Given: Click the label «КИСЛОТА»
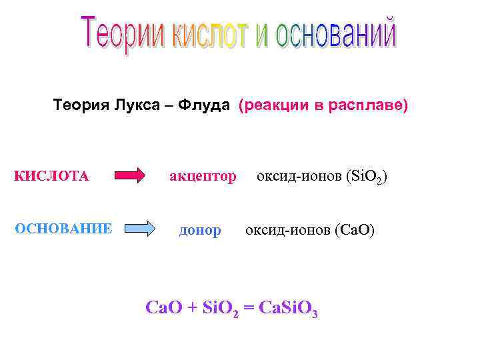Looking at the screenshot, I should pos(51,176).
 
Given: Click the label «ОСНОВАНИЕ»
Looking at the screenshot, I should pos(63,229).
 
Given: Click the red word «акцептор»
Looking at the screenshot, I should pos(203,176).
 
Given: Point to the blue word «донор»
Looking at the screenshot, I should pos(200,230).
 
